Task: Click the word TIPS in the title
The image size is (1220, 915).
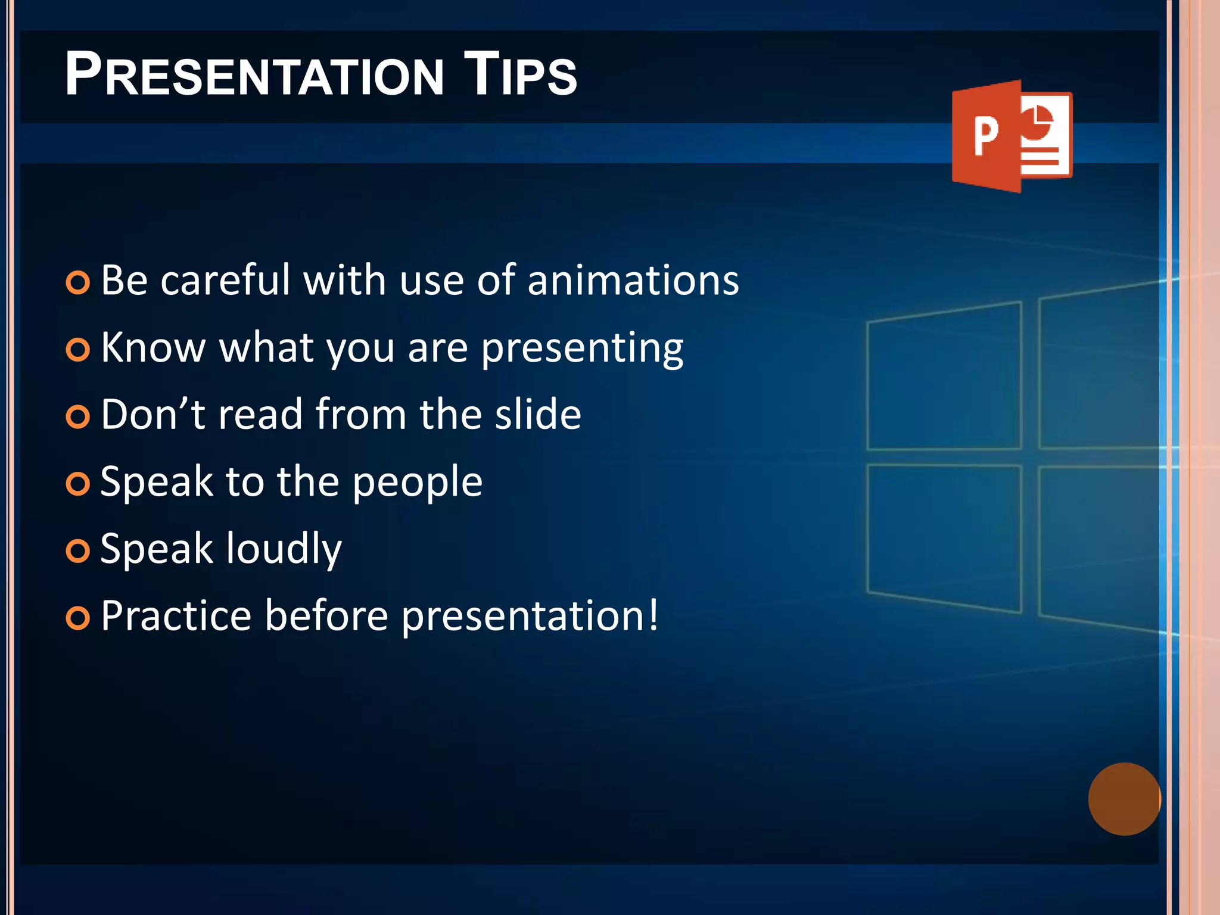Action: (519, 74)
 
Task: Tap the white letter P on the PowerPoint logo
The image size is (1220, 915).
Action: (986, 136)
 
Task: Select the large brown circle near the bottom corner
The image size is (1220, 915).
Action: (1124, 799)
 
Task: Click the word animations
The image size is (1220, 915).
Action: (633, 280)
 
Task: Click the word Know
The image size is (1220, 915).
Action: (153, 347)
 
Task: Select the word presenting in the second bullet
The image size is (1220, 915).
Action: (582, 348)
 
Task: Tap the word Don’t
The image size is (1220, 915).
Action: (153, 414)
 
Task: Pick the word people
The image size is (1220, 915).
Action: (417, 483)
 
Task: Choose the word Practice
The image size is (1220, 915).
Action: (176, 615)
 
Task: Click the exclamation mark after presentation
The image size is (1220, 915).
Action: (653, 614)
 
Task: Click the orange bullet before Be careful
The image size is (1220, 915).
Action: (78, 282)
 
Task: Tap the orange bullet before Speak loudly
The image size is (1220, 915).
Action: (78, 551)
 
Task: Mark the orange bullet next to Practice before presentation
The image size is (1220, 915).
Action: (78, 618)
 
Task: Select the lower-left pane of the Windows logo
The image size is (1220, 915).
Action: (944, 536)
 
